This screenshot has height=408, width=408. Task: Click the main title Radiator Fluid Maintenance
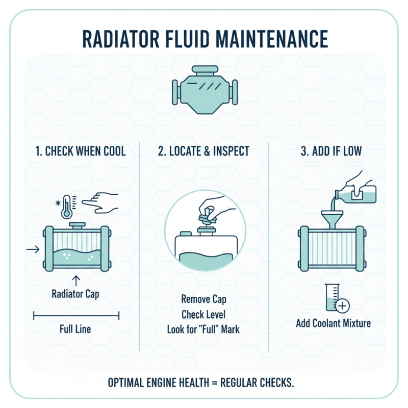coord(204,39)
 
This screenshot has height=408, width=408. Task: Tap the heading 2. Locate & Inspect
coord(204,151)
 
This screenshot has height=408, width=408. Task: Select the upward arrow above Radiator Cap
coord(77,279)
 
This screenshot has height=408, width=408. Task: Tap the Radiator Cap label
coord(75,294)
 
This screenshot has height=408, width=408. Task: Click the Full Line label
coord(75,329)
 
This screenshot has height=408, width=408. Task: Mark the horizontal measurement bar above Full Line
coord(76,316)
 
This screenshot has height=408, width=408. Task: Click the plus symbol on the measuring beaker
coord(342,305)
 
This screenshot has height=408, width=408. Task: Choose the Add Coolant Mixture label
coord(333,323)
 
